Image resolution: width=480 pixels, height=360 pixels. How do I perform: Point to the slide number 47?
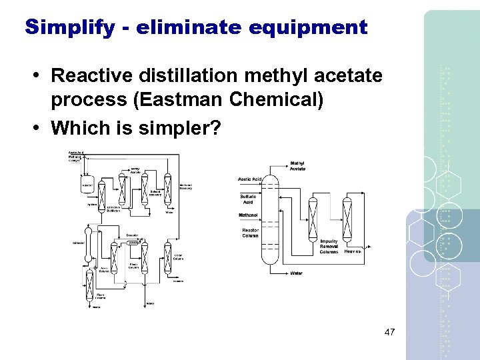[x=390, y=332]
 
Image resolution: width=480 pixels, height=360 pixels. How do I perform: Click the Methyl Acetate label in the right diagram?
[x=297, y=166]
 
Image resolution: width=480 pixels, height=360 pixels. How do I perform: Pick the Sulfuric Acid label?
[x=247, y=199]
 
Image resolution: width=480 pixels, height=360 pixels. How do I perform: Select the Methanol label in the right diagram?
[x=249, y=215]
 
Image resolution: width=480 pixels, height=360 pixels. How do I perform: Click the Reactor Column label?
[x=250, y=233]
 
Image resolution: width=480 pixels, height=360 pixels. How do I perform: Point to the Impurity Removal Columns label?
[x=329, y=247]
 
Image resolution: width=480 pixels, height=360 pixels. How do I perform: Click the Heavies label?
[x=353, y=251]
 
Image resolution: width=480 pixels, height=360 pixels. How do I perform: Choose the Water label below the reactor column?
[x=296, y=273]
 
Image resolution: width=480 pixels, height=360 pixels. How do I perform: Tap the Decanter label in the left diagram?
[x=132, y=235]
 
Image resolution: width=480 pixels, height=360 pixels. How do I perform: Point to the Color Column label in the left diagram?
[x=178, y=257]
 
